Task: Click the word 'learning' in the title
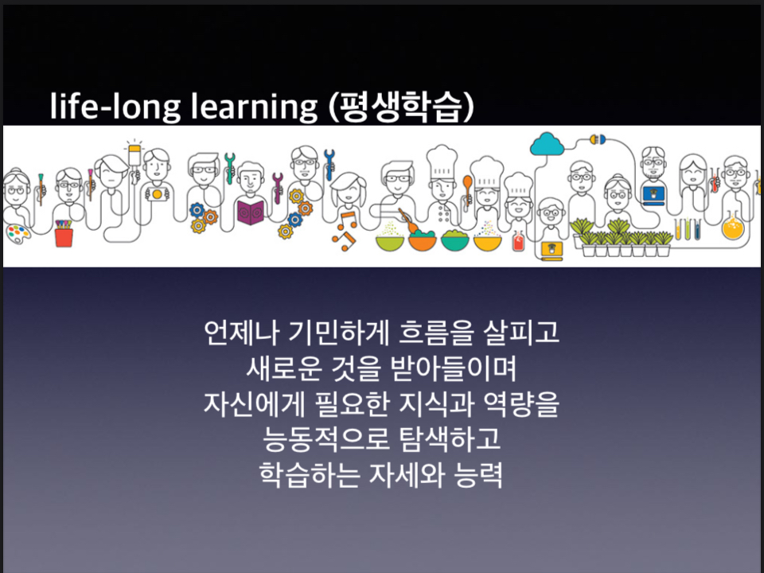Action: pyautogui.click(x=254, y=106)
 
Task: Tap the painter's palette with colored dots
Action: pyautogui.click(x=18, y=233)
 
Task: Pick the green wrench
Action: pyautogui.click(x=229, y=168)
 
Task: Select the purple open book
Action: pyautogui.click(x=251, y=212)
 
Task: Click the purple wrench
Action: pyautogui.click(x=278, y=187)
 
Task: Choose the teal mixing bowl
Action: pyautogui.click(x=454, y=240)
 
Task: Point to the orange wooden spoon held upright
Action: pyautogui.click(x=467, y=189)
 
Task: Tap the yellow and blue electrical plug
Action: pyautogui.click(x=598, y=140)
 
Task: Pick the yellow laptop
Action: pyautogui.click(x=552, y=251)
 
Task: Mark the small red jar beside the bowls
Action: pyautogui.click(x=518, y=241)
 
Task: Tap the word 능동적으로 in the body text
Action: pyautogui.click(x=326, y=439)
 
